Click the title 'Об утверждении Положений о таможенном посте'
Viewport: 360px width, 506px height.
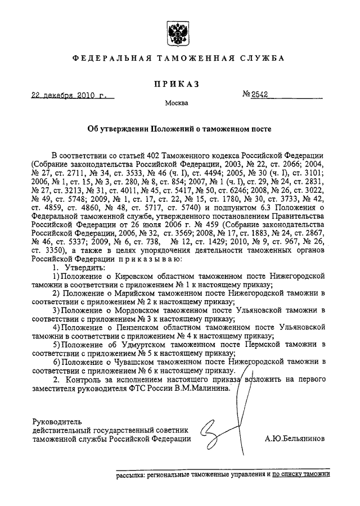pyautogui.click(x=179, y=128)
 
